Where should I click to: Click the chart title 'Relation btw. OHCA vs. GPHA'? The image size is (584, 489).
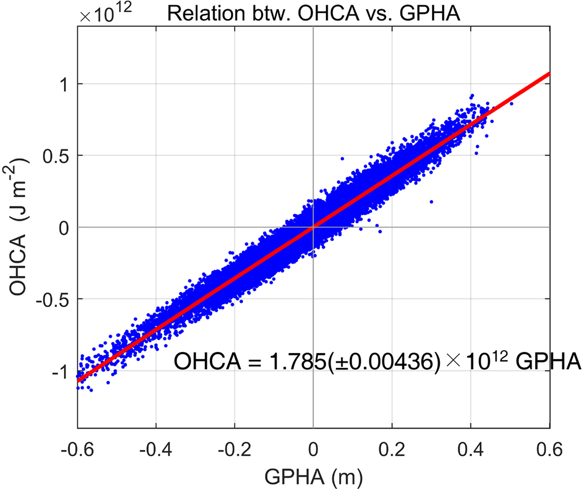point(314,14)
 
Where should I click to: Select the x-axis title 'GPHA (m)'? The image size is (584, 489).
point(313,475)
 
